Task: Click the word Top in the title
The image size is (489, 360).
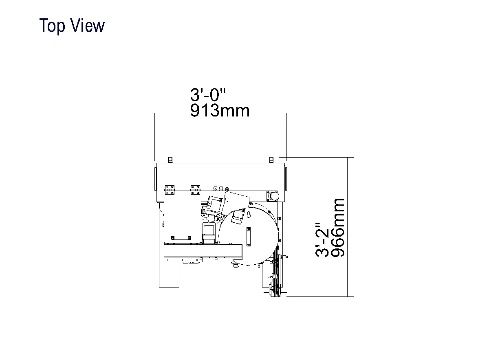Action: tap(52, 26)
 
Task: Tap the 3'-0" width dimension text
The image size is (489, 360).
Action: tap(207, 94)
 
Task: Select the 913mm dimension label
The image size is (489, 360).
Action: tap(220, 111)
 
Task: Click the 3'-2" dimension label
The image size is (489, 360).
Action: tap(322, 240)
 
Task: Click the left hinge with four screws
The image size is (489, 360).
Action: tap(170, 190)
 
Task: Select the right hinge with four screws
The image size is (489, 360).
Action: tap(195, 190)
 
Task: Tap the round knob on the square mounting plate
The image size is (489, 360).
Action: tap(274, 196)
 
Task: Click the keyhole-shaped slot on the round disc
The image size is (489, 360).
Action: tap(249, 215)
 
